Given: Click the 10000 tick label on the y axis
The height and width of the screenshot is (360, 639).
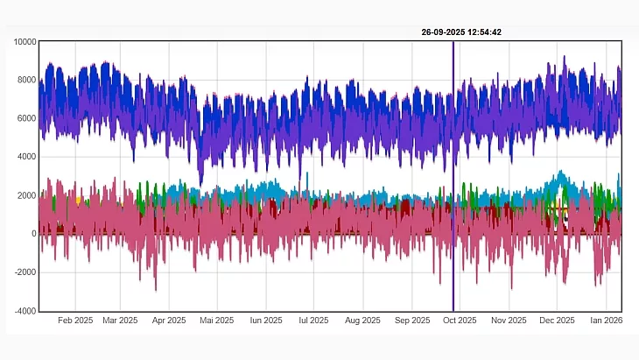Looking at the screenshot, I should click(x=24, y=42).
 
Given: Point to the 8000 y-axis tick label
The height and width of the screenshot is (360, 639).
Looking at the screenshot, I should click(x=26, y=81).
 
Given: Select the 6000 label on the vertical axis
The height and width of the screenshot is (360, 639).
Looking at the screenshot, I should click(x=26, y=119).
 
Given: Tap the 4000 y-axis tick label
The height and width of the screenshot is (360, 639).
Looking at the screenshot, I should click(x=26, y=158).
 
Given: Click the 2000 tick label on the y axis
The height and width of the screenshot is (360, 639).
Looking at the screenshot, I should click(x=26, y=195).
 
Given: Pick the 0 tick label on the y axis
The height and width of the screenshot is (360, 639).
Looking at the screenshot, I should click(x=33, y=234).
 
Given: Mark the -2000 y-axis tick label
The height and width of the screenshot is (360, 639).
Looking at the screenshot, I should click(x=25, y=272).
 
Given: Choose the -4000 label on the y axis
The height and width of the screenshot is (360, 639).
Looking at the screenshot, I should click(x=25, y=311).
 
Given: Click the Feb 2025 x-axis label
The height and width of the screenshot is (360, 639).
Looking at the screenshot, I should click(x=75, y=321).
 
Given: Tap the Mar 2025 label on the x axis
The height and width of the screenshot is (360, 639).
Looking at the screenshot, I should click(x=120, y=321).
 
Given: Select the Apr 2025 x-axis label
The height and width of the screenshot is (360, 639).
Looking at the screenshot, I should click(x=169, y=321).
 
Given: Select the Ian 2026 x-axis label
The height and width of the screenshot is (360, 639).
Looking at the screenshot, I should click(x=603, y=321).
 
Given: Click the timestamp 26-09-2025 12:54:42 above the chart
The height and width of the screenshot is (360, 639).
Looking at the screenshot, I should click(x=461, y=32).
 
